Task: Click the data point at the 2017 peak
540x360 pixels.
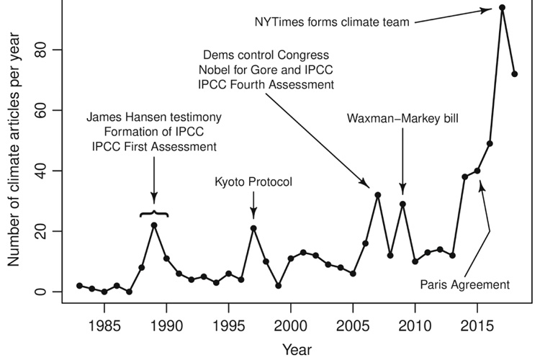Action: [502, 8]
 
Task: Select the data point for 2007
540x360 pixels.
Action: [377, 195]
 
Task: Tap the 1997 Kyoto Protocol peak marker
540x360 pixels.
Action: [253, 228]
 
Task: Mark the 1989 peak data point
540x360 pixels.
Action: [154, 225]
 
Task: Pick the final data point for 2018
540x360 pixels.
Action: [514, 74]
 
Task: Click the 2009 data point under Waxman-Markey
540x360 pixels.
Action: [402, 204]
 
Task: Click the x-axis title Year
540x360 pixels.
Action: [297, 349]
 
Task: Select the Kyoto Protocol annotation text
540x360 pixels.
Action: [253, 182]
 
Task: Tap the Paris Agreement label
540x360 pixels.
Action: [465, 284]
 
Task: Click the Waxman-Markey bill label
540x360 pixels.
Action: [402, 117]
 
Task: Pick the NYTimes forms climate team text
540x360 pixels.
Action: [332, 22]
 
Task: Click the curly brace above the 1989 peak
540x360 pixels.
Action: [154, 213]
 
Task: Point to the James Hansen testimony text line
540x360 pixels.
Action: [155, 117]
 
